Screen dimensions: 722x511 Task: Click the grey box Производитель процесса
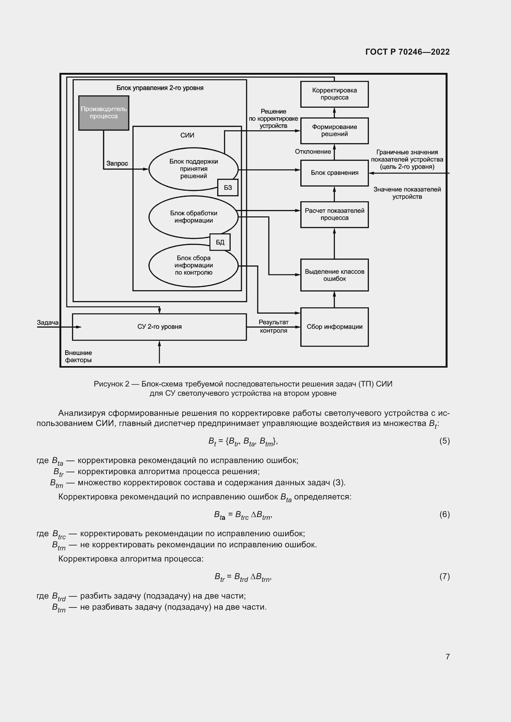(103, 113)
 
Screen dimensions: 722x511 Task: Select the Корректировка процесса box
(334, 94)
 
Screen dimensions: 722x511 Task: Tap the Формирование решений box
(334, 131)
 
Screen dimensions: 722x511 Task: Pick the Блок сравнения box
(334, 173)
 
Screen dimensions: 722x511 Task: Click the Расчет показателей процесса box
(334, 215)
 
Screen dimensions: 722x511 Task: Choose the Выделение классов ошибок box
(334, 275)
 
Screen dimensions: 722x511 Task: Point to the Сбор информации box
(334, 327)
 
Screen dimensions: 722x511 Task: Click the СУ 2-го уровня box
(159, 327)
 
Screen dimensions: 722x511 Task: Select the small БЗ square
(228, 188)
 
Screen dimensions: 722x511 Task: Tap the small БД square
(220, 242)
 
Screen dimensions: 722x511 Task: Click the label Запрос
(117, 164)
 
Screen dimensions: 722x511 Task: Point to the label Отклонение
(313, 152)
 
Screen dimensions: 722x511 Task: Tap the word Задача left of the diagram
(48, 323)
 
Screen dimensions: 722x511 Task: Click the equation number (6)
(444, 515)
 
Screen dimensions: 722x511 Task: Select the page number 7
(447, 657)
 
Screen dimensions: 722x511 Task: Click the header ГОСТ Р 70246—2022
(408, 52)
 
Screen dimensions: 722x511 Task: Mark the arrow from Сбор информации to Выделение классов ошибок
(334, 299)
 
